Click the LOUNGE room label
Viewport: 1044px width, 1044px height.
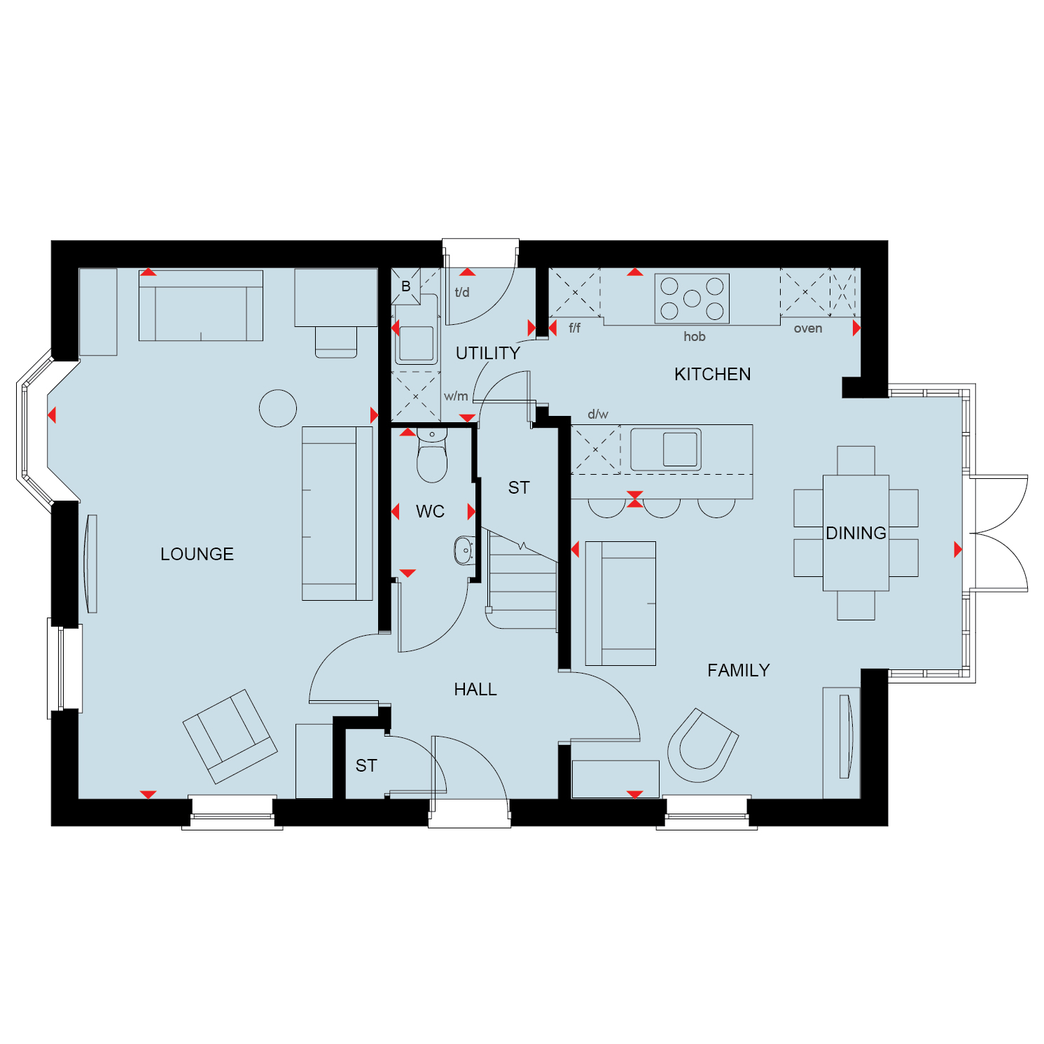[x=197, y=554]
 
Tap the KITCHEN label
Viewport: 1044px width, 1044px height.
[x=712, y=374]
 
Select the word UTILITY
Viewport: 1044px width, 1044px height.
[x=487, y=353]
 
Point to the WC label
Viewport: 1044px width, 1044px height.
[x=430, y=511]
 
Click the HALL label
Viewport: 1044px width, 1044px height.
[x=475, y=689]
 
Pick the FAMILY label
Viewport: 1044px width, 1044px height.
[x=738, y=670]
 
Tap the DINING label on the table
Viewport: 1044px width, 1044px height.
[x=856, y=533]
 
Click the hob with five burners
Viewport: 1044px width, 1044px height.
[x=692, y=298]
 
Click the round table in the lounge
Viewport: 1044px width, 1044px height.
[x=278, y=408]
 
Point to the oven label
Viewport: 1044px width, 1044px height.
[x=807, y=328]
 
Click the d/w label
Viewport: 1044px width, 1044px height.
[x=598, y=414]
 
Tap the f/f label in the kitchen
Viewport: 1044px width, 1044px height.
[x=575, y=327]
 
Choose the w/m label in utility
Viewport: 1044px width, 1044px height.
[x=456, y=396]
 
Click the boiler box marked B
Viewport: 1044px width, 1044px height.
[x=406, y=286]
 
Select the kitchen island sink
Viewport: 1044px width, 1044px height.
[x=666, y=449]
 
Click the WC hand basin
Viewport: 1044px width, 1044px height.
[x=464, y=550]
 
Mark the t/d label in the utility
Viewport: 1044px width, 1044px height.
[x=462, y=292]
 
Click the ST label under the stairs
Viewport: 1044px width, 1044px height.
[x=519, y=487]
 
